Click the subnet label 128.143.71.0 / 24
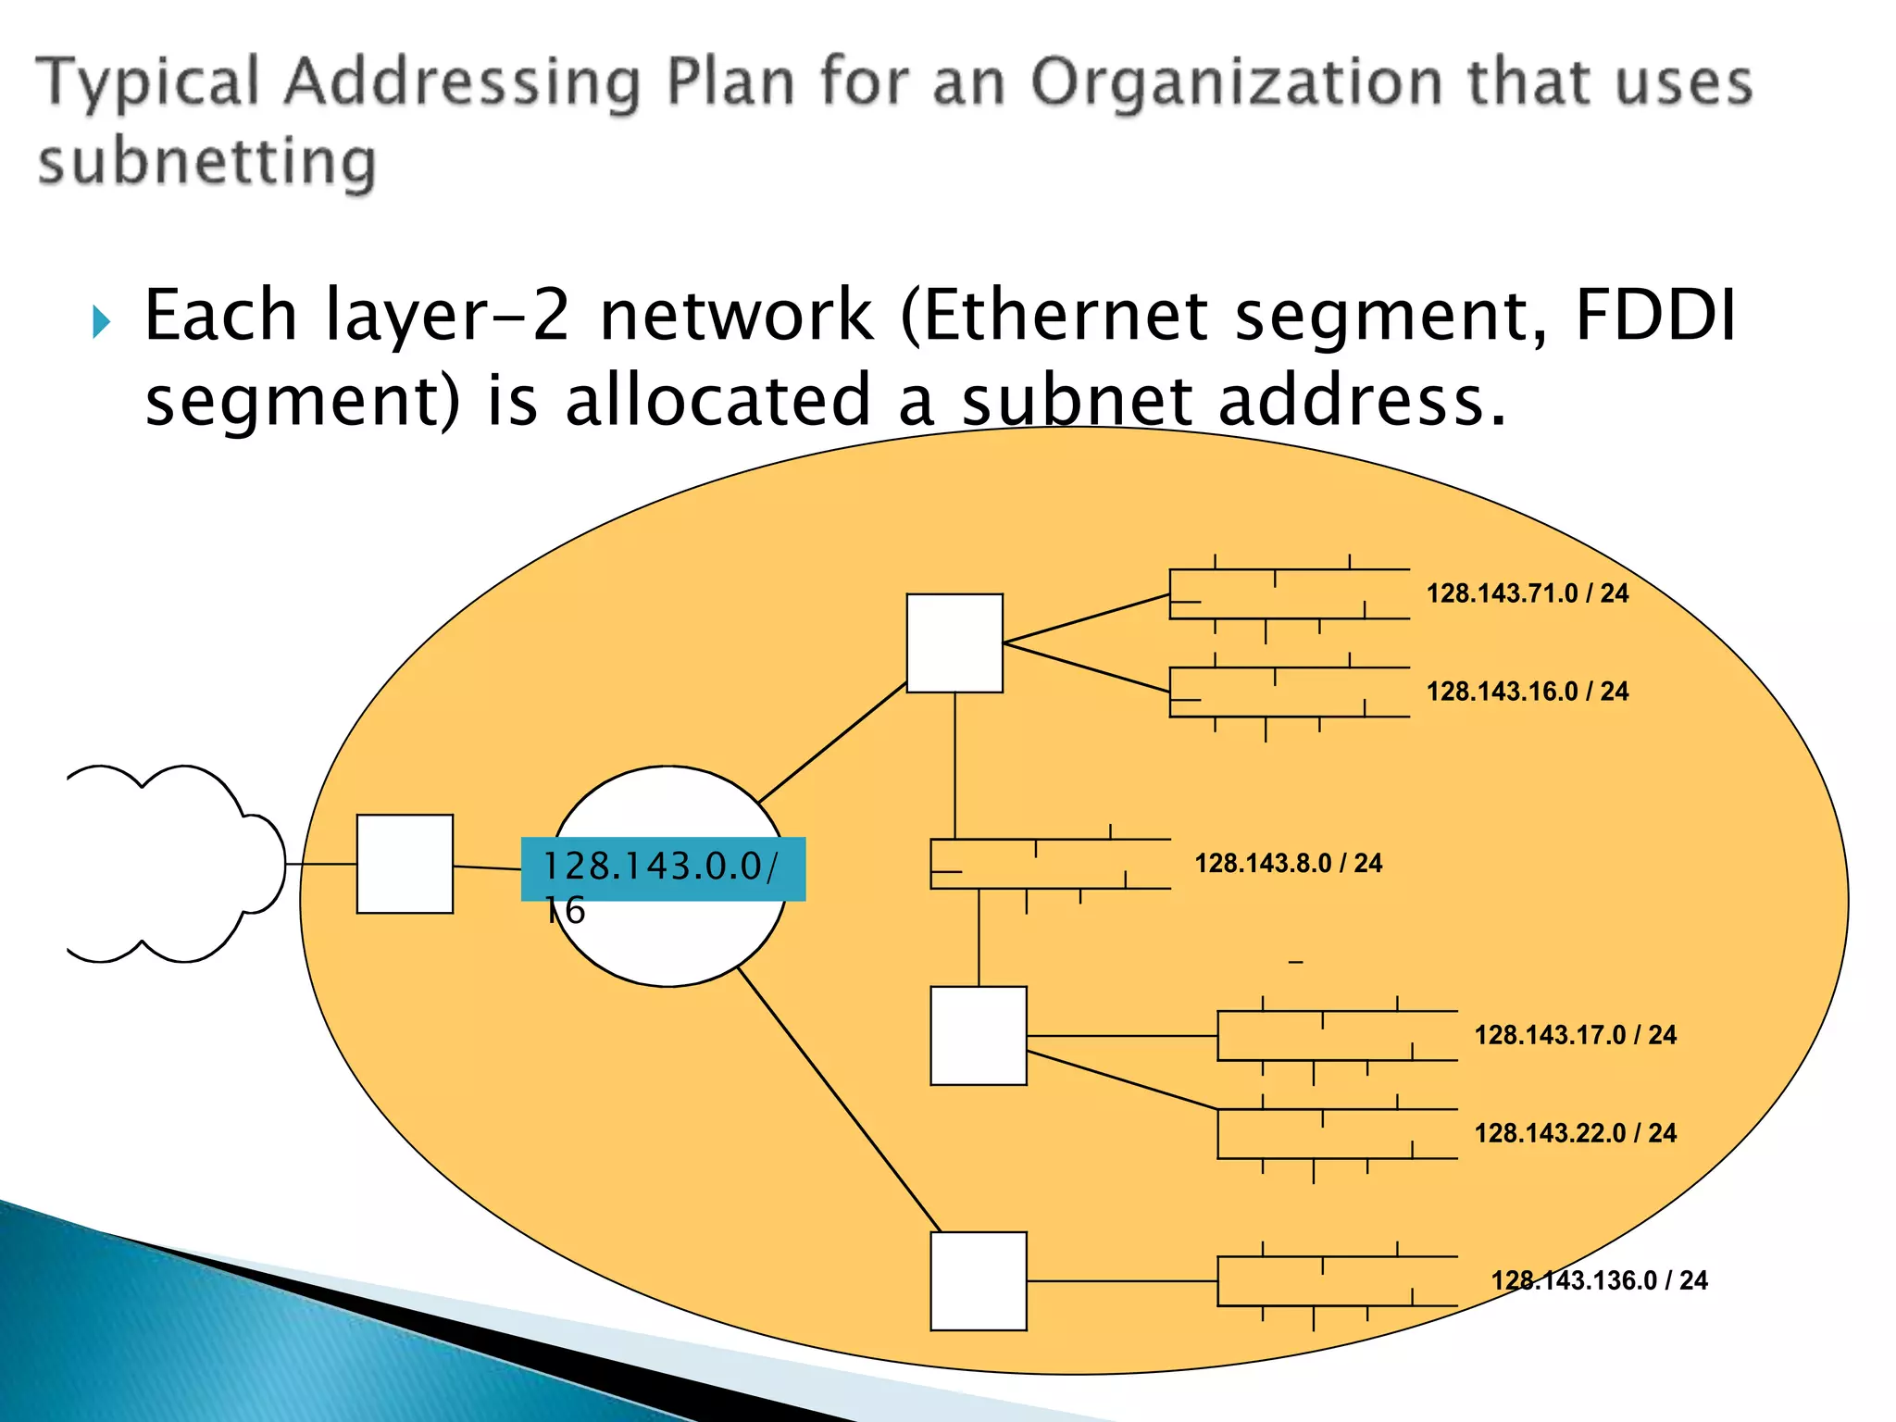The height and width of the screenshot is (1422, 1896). click(1527, 593)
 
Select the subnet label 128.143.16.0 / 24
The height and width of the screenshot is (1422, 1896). click(1527, 692)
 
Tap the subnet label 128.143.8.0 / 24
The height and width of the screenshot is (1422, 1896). click(1288, 864)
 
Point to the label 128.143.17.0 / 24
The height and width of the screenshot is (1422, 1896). click(1575, 1035)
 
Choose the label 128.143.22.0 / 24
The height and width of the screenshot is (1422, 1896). click(1575, 1133)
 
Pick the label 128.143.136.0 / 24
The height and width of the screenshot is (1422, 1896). click(1599, 1280)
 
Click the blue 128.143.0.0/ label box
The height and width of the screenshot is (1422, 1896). click(663, 868)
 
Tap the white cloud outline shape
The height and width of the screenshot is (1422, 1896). click(176, 864)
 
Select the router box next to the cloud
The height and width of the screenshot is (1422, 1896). click(405, 864)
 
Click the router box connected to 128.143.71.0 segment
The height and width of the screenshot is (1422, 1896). click(954, 643)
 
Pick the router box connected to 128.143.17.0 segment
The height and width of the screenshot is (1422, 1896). click(979, 1035)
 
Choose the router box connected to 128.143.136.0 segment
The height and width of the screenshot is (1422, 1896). click(979, 1280)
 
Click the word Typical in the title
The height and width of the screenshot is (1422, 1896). click(148, 83)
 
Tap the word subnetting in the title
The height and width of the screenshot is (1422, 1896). click(207, 162)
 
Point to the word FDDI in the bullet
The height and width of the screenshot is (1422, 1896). click(1654, 316)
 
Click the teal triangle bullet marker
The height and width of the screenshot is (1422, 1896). click(102, 322)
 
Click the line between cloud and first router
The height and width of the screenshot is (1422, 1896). click(321, 864)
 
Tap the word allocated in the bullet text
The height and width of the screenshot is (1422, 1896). click(717, 400)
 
